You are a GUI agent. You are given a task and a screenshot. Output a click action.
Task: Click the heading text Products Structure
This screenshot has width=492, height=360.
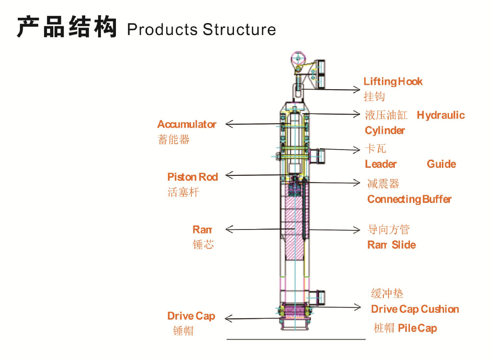[x=201, y=30]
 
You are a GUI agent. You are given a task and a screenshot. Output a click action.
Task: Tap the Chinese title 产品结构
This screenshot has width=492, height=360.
[x=67, y=28]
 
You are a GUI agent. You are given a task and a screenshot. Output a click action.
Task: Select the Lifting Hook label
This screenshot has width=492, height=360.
[x=393, y=82]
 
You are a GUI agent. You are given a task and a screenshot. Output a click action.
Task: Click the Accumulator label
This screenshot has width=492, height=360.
[x=187, y=124]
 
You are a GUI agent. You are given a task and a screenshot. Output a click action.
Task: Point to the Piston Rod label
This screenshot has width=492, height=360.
[x=193, y=177]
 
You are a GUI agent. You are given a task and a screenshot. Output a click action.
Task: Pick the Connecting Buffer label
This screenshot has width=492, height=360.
[x=409, y=199]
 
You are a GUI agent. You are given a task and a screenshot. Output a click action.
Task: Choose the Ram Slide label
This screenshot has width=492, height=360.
[x=392, y=245]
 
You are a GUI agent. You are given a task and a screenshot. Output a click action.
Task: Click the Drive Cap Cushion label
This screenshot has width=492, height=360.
[x=415, y=309]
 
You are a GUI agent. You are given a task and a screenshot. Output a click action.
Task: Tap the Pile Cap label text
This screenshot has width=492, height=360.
[x=417, y=328]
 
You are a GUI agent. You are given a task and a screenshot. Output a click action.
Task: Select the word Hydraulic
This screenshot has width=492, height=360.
[x=441, y=115]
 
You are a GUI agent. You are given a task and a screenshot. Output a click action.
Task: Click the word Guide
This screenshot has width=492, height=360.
[x=441, y=164]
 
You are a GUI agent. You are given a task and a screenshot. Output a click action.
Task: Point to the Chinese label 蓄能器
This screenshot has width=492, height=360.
[x=174, y=140]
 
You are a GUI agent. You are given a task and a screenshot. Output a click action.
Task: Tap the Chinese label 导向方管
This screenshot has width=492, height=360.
[x=389, y=230]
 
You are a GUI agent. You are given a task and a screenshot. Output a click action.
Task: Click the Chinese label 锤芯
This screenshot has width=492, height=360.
[x=203, y=245]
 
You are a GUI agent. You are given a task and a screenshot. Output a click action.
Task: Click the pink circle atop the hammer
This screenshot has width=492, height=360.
[x=297, y=58]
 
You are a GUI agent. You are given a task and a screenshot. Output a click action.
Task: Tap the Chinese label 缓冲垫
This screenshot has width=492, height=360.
[x=387, y=294]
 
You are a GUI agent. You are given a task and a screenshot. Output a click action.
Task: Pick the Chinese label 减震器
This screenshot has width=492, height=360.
[x=383, y=184]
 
